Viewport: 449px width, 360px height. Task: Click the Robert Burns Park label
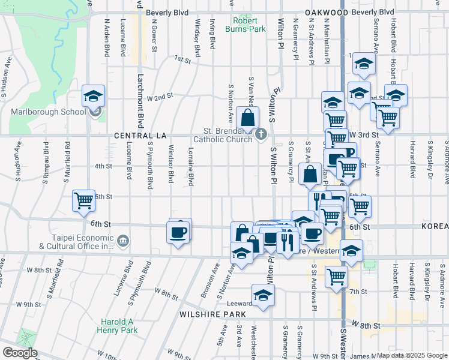point(245,23)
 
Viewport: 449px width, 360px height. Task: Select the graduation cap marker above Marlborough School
point(94,96)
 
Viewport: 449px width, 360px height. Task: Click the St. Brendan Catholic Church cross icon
point(261,134)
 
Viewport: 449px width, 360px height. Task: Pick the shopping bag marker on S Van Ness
point(247,118)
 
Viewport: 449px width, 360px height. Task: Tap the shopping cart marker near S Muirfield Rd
point(83,201)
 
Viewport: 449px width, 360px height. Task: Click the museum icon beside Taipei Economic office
point(123,241)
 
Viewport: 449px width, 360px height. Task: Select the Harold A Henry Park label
point(117,325)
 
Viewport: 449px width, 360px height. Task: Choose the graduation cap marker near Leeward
point(262,296)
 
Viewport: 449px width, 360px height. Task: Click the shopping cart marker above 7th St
point(336,277)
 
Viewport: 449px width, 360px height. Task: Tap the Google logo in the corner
point(19,353)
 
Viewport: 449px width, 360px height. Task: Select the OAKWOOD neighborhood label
point(327,12)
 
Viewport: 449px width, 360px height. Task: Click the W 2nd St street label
point(160,96)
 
